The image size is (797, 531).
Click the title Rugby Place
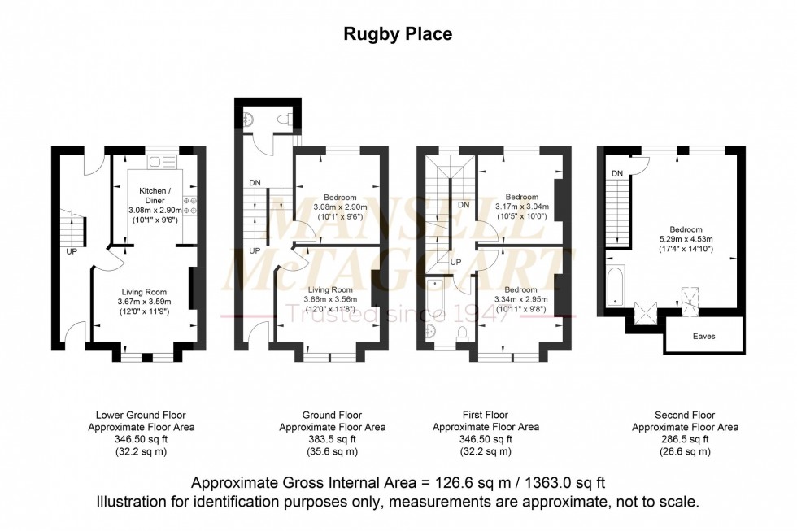[398, 34]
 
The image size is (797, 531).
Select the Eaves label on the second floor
[704, 334]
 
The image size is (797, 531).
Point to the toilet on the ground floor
[282, 120]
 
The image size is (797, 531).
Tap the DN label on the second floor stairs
[616, 172]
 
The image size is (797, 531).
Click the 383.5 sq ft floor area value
[332, 439]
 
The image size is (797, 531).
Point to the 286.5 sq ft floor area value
[685, 439]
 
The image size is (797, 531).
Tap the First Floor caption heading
[485, 415]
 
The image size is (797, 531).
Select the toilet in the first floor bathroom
[461, 333]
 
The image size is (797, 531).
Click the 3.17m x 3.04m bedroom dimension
[521, 207]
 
